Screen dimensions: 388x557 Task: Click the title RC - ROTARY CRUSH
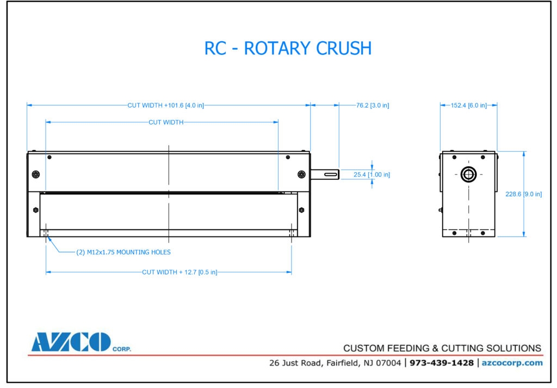[x=288, y=48]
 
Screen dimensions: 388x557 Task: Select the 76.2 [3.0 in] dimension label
[x=373, y=105]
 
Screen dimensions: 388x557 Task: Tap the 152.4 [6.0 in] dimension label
[x=468, y=105]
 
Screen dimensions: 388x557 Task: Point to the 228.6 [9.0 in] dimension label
[x=523, y=194]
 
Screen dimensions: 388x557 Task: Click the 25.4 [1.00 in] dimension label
[x=372, y=174]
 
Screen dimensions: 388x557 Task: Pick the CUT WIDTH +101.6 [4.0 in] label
[x=165, y=105]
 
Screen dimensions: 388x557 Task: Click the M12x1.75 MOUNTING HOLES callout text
[x=123, y=252]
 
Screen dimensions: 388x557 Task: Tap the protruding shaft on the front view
[x=325, y=174]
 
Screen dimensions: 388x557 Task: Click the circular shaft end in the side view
[x=468, y=174]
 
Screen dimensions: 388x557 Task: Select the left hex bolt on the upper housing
[x=36, y=174]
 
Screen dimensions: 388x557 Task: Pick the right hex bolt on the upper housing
[x=301, y=174]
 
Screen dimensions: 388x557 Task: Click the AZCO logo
[x=71, y=342]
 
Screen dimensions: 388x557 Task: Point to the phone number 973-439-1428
[x=442, y=362]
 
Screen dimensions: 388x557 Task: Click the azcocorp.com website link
[x=512, y=362]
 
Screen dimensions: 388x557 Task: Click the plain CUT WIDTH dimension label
[x=166, y=122]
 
